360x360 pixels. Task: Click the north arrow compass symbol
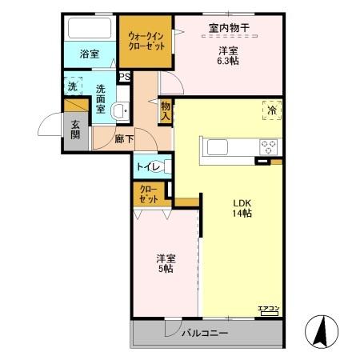click(x=322, y=331)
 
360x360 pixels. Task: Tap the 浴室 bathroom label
click(x=90, y=54)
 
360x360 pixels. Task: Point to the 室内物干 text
click(x=229, y=29)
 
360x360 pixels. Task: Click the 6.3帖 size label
click(x=229, y=59)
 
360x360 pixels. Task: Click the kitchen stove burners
click(x=268, y=147)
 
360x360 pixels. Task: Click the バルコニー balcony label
click(x=204, y=333)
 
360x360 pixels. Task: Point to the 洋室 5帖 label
click(x=166, y=263)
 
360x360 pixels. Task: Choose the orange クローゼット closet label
click(x=148, y=194)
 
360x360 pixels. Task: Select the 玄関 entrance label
click(x=74, y=129)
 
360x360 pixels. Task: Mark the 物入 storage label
click(x=165, y=111)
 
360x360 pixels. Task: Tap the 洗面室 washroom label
click(x=101, y=98)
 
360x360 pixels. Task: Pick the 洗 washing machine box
click(x=72, y=86)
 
